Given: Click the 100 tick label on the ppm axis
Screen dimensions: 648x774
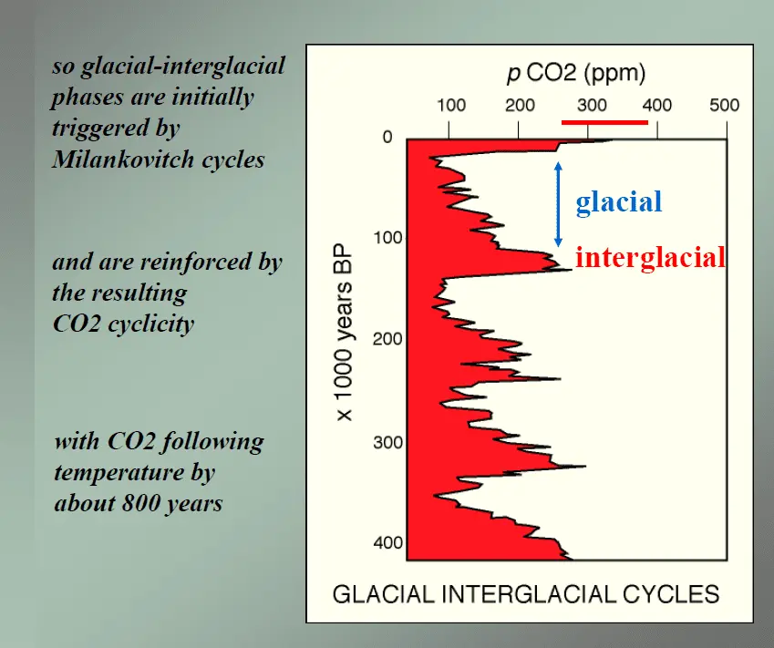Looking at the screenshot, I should (x=451, y=105).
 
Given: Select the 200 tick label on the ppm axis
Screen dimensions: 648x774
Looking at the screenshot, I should (x=520, y=105).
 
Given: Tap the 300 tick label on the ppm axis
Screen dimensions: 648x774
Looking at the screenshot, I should (x=592, y=105).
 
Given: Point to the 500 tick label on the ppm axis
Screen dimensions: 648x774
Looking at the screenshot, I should (x=725, y=105).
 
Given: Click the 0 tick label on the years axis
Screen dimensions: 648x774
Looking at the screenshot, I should (x=387, y=139).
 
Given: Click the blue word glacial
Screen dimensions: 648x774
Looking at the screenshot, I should (x=618, y=201).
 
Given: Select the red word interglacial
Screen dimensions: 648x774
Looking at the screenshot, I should (x=650, y=257).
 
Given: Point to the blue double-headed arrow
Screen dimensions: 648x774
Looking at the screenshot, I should (x=559, y=204).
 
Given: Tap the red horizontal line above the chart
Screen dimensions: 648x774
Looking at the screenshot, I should (x=604, y=121).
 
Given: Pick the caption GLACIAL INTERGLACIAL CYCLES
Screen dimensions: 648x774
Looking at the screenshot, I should (x=526, y=595).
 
